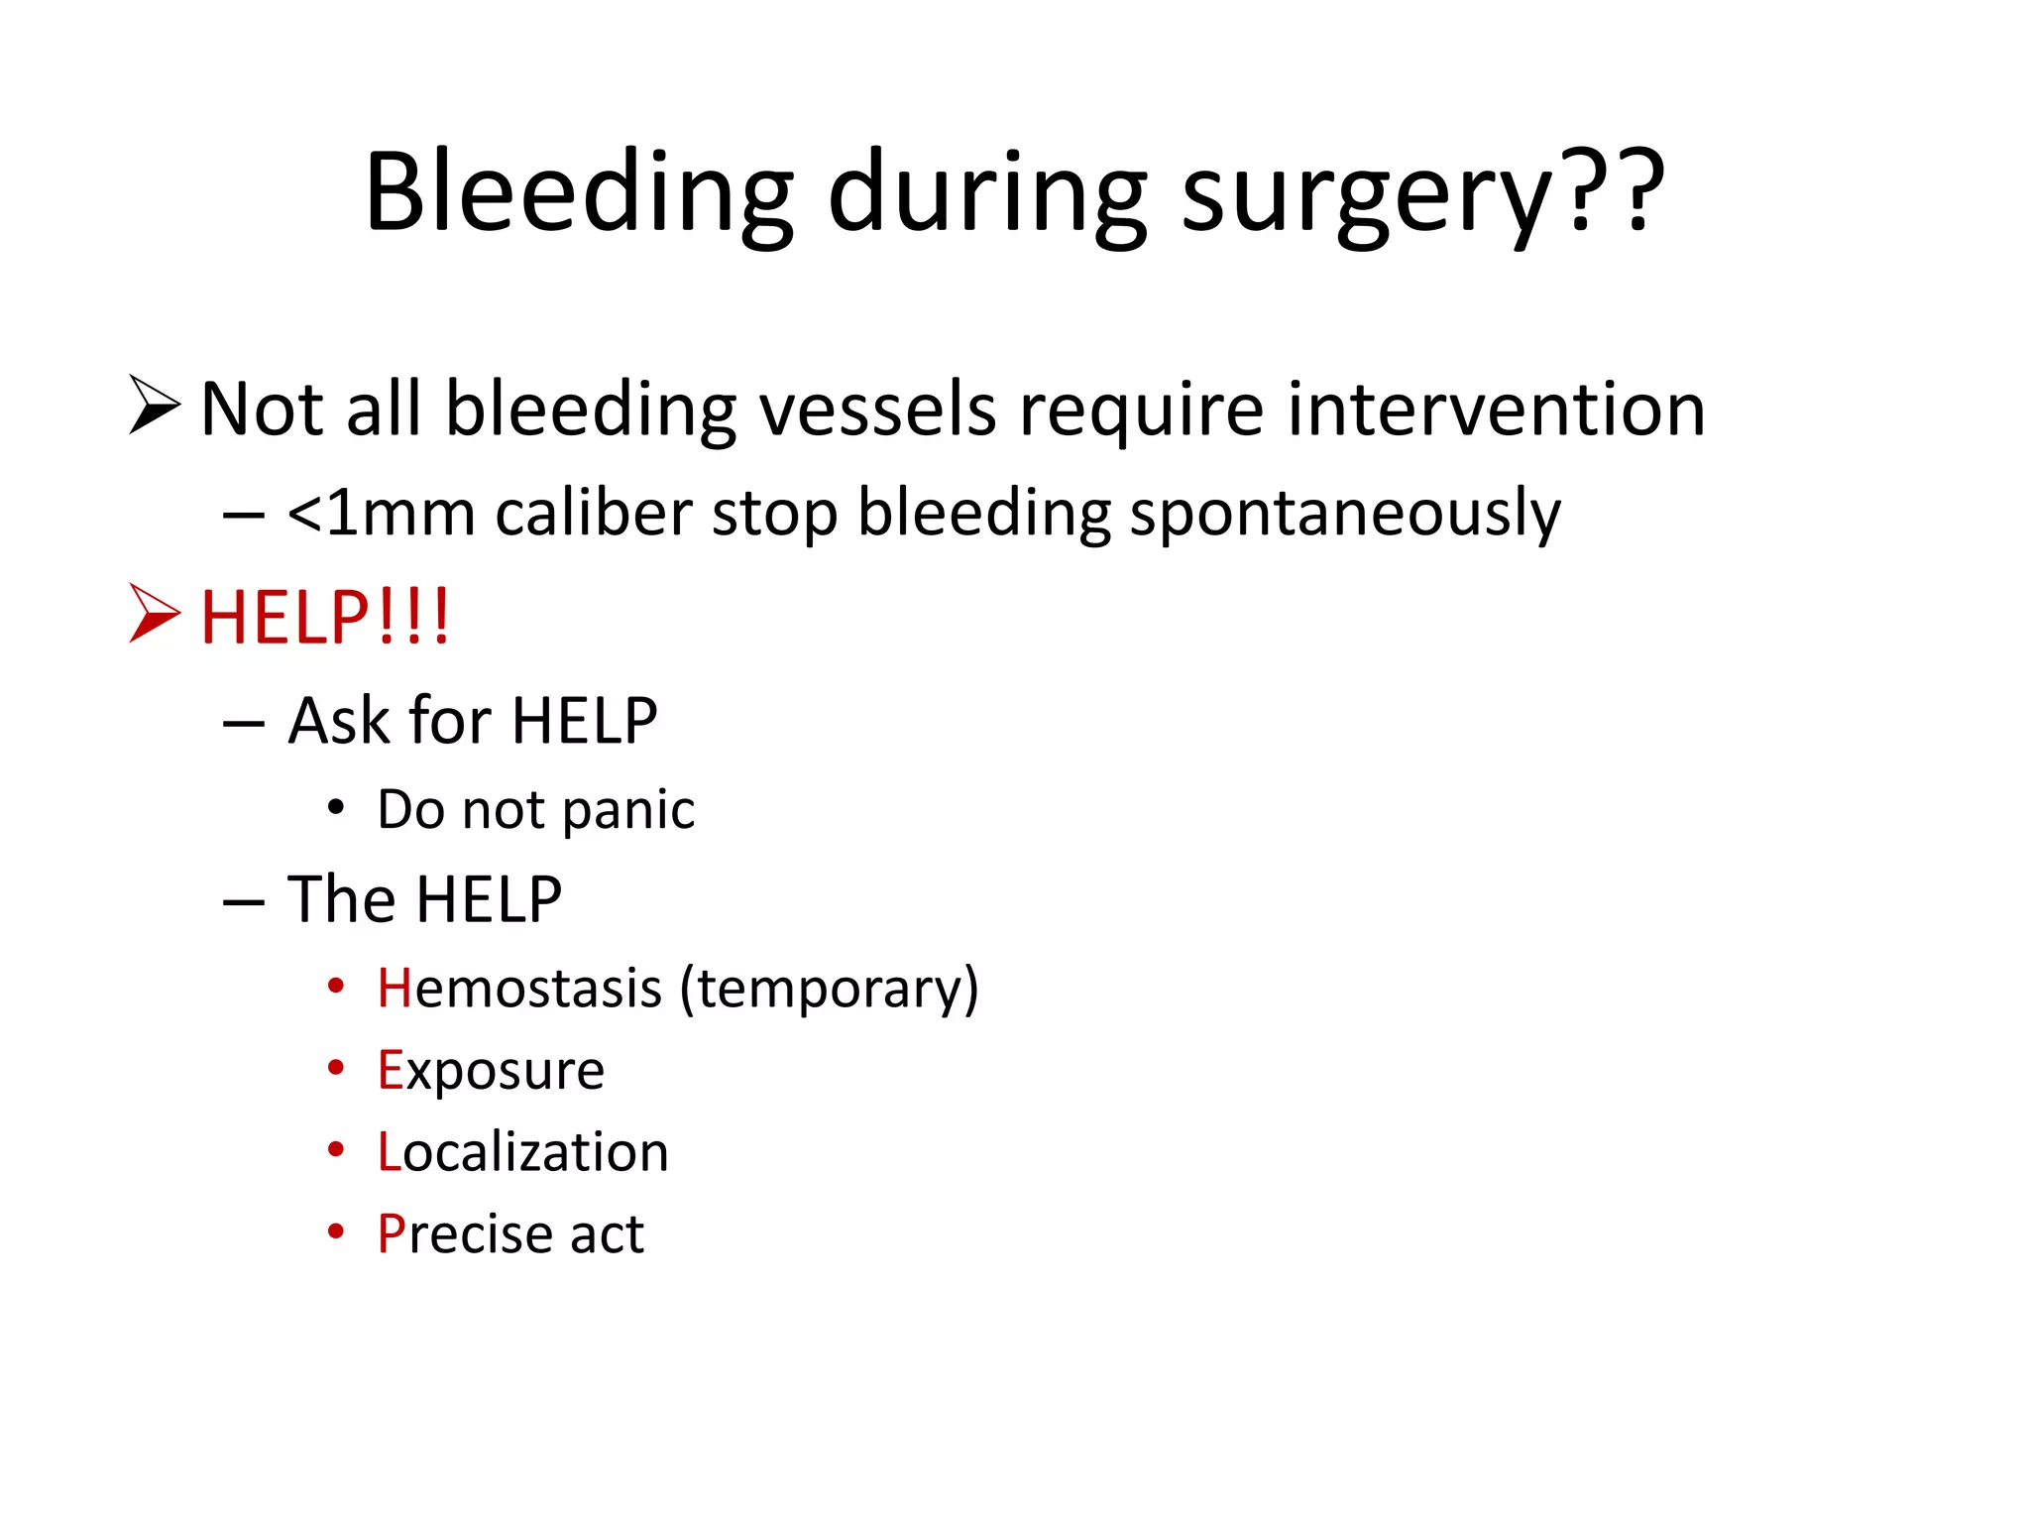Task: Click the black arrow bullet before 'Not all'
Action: (154, 406)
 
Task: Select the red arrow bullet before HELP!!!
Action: (154, 614)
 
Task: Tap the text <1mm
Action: (381, 513)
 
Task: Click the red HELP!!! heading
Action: (325, 617)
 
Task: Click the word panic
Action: (627, 811)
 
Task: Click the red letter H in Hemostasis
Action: (394, 989)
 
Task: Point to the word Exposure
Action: (491, 1071)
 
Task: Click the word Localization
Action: (522, 1152)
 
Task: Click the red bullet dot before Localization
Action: (336, 1149)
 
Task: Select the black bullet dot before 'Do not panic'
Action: (336, 808)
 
